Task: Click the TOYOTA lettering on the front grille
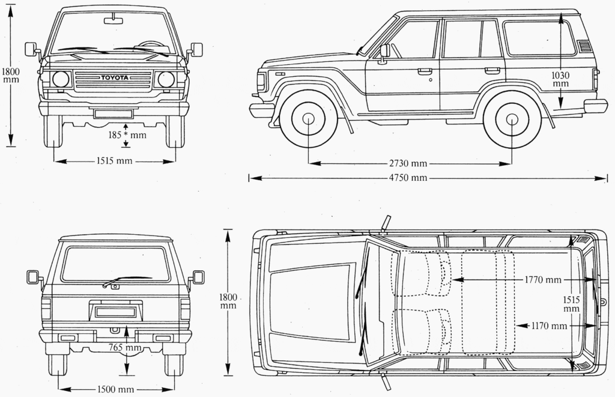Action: (114, 78)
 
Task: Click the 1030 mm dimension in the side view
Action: (560, 79)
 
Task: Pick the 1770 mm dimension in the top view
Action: (542, 279)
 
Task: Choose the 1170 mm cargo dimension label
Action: (550, 326)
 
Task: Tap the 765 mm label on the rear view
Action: (125, 347)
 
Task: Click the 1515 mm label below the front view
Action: (114, 161)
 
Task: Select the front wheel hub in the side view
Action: (308, 118)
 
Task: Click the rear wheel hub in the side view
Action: (512, 118)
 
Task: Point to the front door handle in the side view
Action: (425, 71)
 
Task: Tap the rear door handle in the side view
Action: (492, 70)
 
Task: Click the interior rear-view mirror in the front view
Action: (113, 21)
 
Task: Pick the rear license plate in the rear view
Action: (115, 312)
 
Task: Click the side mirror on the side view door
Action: (384, 52)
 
